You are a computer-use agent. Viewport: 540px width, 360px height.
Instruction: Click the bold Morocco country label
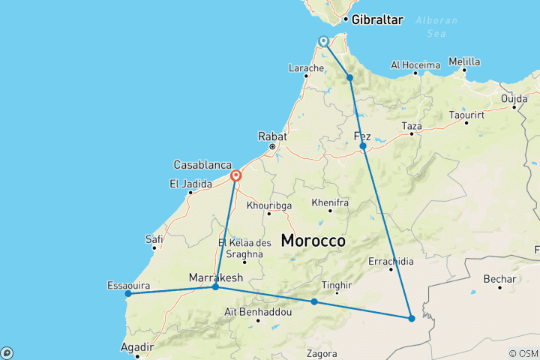[313, 241]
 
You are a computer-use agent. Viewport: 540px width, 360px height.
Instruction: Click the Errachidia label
[391, 261]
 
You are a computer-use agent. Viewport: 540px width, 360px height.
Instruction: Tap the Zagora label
[322, 353]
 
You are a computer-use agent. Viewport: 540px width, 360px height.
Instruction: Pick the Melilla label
[464, 61]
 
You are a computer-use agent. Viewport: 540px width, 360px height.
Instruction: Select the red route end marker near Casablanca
[235, 176]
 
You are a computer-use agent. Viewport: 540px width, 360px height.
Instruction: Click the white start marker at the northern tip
[323, 41]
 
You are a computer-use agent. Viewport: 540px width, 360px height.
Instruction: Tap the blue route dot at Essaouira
[128, 293]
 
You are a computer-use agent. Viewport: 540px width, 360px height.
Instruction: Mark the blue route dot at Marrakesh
[215, 287]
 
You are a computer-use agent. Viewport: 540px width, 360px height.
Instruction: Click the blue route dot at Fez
[362, 146]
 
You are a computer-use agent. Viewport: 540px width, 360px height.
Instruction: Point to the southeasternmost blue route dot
[412, 319]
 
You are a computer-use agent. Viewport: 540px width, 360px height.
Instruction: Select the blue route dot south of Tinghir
[314, 301]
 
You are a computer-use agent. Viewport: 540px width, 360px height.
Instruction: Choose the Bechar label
[499, 279]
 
